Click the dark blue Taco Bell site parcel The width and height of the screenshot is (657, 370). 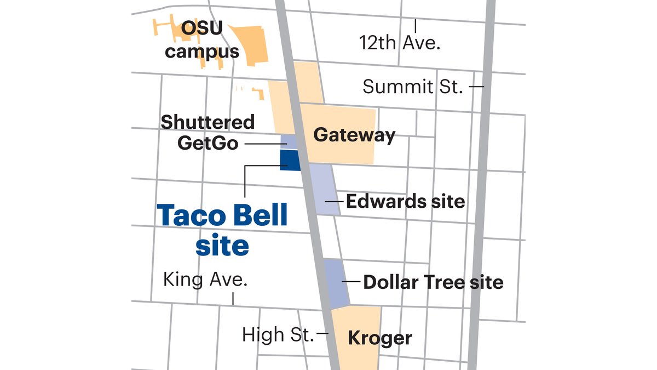pos(290,160)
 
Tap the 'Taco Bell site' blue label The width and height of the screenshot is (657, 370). pos(222,230)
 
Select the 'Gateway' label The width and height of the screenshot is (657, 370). pos(354,135)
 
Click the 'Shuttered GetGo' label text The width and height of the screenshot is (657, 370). pos(208,132)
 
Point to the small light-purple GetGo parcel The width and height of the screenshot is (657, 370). pos(289,141)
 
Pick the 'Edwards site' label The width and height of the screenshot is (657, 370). pos(405,201)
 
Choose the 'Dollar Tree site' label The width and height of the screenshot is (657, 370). pos(433,282)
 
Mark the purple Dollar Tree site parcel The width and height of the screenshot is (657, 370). pos(336,283)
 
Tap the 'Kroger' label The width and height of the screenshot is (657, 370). pos(380,338)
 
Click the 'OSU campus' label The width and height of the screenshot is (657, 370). pos(202,39)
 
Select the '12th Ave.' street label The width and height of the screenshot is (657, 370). pos(400,42)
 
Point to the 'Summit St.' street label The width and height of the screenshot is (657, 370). pos(413,86)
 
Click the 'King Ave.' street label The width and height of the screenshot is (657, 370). pos(205,280)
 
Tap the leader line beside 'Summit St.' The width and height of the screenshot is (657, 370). pos(476,86)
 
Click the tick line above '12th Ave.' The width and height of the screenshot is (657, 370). pos(416,25)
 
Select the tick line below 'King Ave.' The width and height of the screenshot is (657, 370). pos(233,298)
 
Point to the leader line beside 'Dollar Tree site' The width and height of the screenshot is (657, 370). pos(351,282)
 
